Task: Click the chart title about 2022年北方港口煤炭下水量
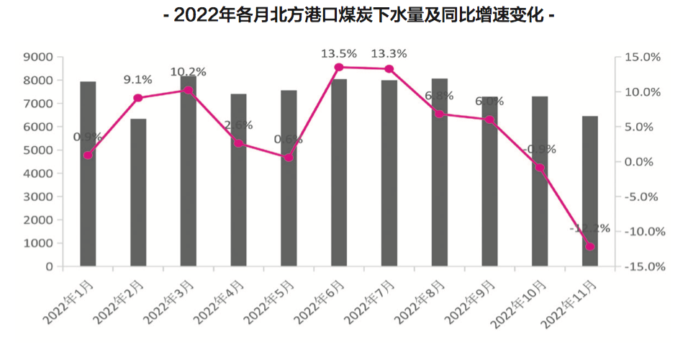(x=343, y=15)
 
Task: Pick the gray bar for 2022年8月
(x=440, y=172)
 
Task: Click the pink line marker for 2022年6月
(x=338, y=68)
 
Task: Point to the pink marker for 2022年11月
(x=590, y=246)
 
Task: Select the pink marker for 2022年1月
(x=88, y=155)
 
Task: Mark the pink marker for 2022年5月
(x=289, y=157)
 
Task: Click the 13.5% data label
(x=338, y=53)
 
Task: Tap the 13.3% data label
(x=389, y=53)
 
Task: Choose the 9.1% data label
(x=137, y=80)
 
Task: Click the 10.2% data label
(x=188, y=71)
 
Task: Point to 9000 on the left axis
(x=39, y=57)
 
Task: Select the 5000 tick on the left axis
(x=39, y=150)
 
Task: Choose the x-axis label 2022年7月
(x=371, y=300)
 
